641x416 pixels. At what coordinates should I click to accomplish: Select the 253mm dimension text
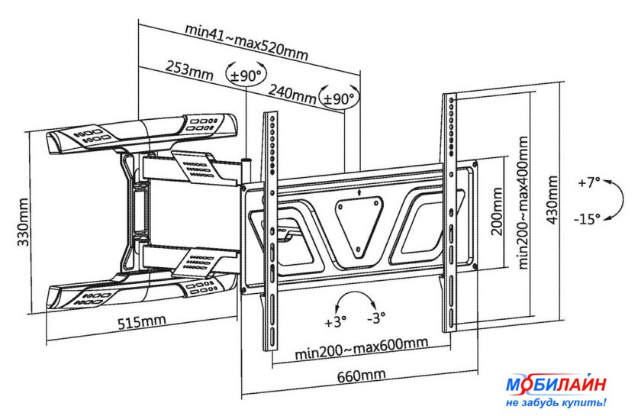point(188,71)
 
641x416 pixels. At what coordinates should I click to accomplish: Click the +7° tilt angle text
point(588,183)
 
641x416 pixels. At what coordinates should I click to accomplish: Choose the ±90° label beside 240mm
point(339,99)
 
